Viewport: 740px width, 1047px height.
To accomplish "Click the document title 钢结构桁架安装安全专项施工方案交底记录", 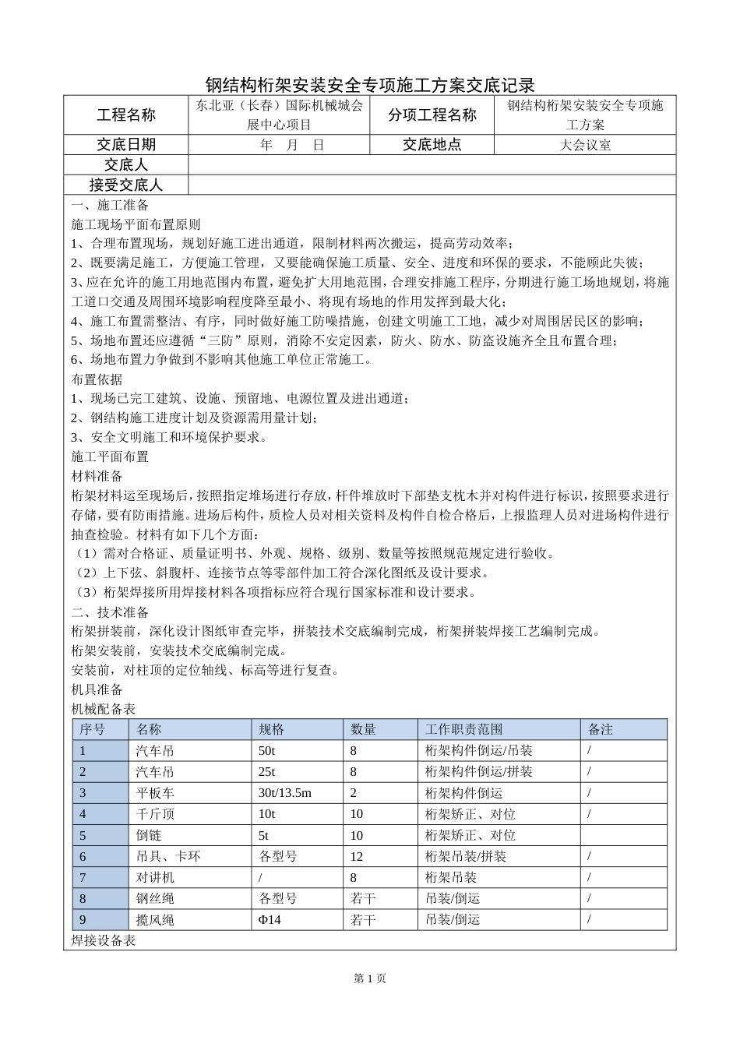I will coord(369,85).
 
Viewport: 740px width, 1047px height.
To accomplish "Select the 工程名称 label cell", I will coord(125,115).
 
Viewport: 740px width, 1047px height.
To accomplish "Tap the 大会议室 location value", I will coord(585,145).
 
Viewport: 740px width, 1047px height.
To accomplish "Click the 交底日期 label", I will coord(125,145).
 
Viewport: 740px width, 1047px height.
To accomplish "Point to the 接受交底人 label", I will coord(125,185).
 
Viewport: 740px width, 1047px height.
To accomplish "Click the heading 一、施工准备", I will coord(110,206).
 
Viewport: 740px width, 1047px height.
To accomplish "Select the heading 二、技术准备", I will coord(110,612).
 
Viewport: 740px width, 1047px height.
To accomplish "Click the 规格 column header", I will coord(272,730).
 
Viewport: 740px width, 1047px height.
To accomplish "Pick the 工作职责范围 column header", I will coord(463,730).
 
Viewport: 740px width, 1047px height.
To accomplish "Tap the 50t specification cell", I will coord(266,751).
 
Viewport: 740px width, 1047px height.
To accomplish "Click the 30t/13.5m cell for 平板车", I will coord(284,793).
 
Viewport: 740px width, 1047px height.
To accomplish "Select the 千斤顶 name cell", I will coord(155,814).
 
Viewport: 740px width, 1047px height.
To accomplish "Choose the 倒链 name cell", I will coord(149,835).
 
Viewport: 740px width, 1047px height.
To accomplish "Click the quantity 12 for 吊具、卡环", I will coord(357,856).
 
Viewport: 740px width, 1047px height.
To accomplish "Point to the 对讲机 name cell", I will coord(155,877).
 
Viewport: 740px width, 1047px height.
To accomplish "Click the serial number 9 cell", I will coord(83,920).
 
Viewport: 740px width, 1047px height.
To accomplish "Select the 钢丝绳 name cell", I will coord(155,899).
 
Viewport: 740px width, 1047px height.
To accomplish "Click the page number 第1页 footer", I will coord(369,979).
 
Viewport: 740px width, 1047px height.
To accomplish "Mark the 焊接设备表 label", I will coord(104,941).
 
